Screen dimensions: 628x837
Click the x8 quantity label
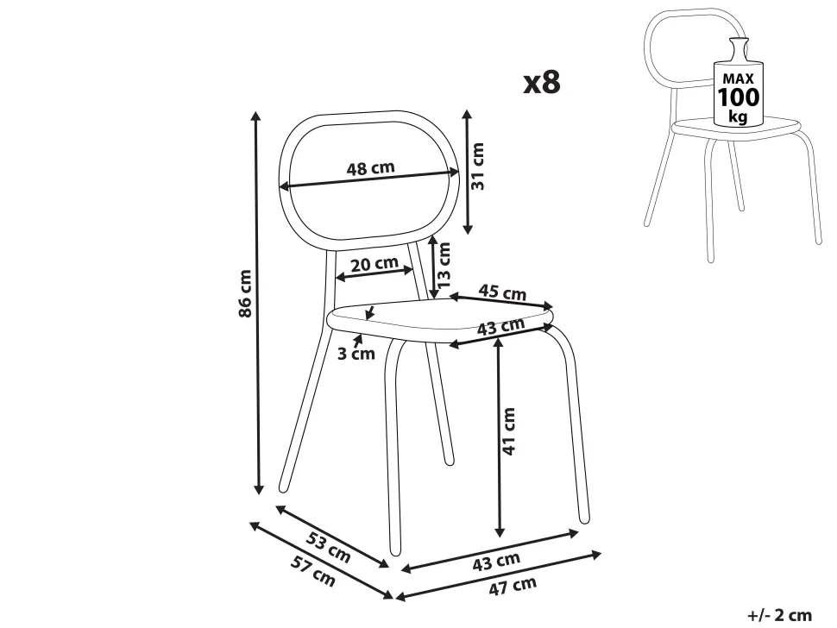point(542,82)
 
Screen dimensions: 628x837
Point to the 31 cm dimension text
point(479,166)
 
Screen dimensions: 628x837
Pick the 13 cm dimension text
point(444,265)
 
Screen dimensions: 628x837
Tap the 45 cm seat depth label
point(502,292)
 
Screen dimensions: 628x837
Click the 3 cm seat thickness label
point(356,352)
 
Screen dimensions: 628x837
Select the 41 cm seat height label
point(509,431)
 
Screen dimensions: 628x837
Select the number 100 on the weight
point(738,97)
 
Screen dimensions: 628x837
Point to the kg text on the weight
point(738,116)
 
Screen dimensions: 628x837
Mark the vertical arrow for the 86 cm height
point(258,302)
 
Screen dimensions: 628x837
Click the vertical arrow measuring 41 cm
point(499,436)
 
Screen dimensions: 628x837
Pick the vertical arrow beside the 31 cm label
point(467,172)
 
